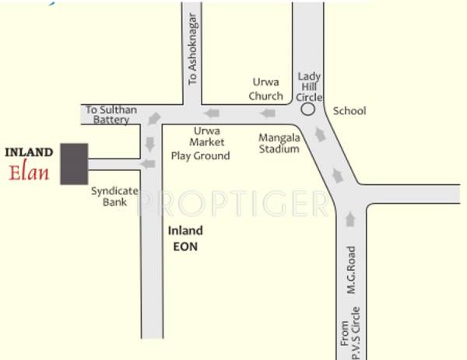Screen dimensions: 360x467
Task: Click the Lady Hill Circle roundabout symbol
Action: (308, 110)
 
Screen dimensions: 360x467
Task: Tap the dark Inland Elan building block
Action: (75, 163)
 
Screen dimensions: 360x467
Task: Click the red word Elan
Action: (30, 171)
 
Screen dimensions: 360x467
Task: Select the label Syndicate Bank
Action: (114, 196)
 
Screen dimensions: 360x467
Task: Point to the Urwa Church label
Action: (266, 89)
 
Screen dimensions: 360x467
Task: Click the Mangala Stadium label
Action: (279, 142)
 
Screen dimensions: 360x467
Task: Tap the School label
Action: (349, 110)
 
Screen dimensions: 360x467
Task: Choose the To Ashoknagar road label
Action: (194, 58)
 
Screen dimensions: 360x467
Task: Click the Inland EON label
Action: (186, 238)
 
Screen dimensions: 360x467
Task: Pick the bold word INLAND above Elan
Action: (30, 151)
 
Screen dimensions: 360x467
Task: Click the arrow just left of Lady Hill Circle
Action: (267, 114)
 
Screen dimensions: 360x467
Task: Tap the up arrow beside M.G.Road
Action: (349, 220)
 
